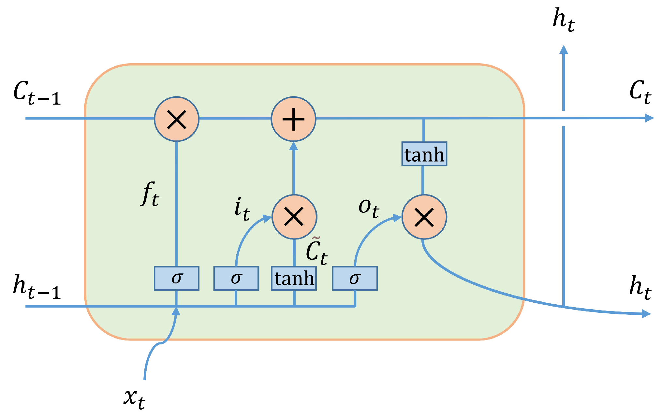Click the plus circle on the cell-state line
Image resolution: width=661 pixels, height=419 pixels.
tap(294, 119)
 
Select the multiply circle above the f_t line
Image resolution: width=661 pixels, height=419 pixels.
tap(176, 119)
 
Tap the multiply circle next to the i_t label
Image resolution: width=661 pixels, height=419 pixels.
tap(294, 217)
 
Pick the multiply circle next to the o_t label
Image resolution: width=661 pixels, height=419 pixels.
tap(424, 217)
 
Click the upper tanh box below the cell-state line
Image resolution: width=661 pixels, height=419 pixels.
tap(424, 154)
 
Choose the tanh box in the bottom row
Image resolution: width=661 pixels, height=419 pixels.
tap(294, 278)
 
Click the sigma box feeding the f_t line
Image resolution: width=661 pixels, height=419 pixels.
tap(176, 278)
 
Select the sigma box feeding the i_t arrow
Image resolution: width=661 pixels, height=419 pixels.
tap(236, 278)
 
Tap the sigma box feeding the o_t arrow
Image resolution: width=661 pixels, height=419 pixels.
tap(355, 278)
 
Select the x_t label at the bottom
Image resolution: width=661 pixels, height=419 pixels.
tap(134, 398)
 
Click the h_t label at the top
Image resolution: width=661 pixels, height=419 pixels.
tap(564, 20)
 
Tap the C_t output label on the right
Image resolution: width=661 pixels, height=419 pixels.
tap(640, 92)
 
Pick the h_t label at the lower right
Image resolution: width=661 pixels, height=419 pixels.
tap(640, 287)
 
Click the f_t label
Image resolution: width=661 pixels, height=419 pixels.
tap(150, 194)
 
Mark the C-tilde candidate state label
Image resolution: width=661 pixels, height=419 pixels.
tap(316, 251)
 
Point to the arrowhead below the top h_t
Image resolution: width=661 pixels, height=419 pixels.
tap(564, 50)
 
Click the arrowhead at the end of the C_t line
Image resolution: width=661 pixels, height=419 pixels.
tap(649, 118)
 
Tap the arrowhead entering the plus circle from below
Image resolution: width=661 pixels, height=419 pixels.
tap(294, 146)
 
